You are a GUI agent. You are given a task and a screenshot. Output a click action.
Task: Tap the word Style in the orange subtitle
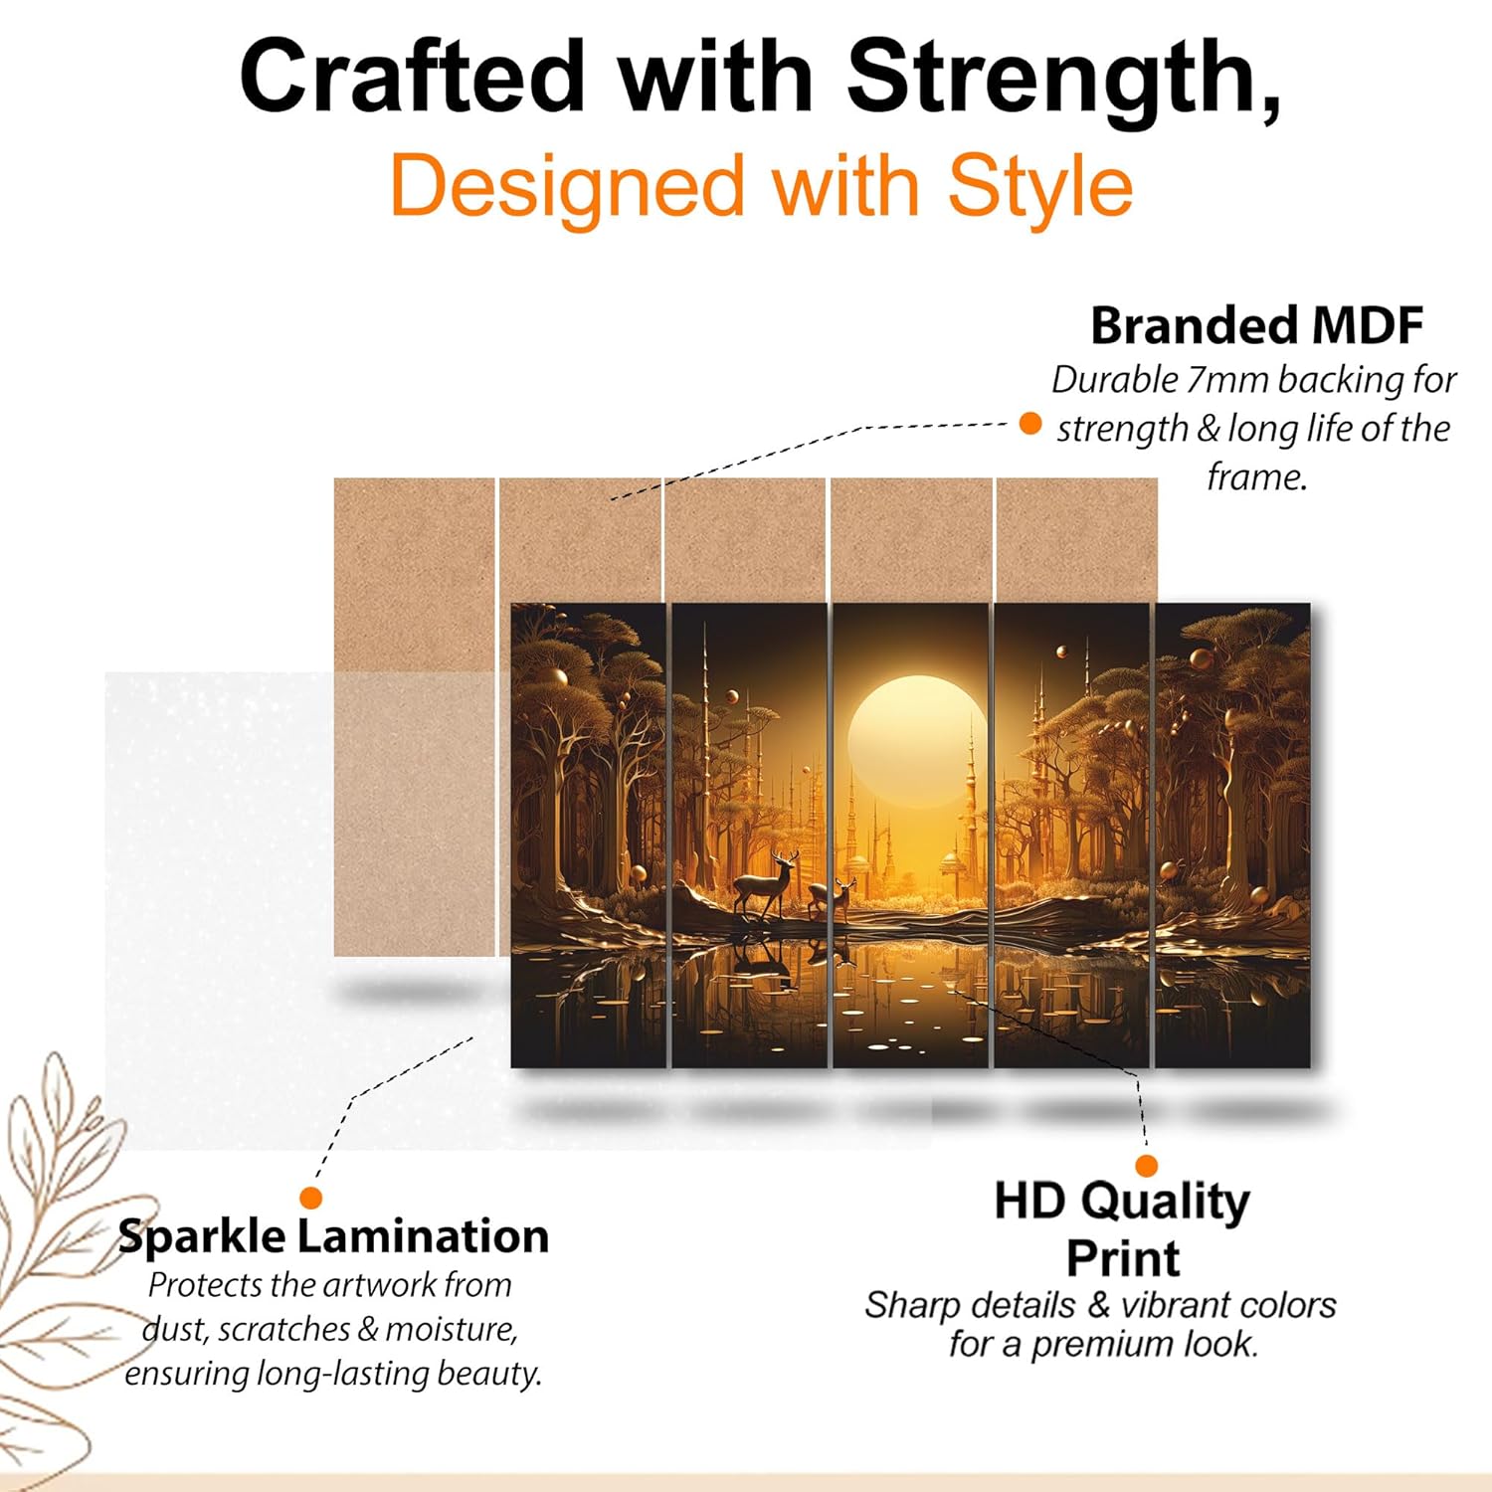(x=1039, y=188)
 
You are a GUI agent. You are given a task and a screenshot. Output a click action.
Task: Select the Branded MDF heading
(x=1257, y=325)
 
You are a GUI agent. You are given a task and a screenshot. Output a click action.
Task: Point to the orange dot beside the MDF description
(x=1030, y=424)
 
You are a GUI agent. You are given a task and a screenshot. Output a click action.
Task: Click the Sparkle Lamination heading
(x=333, y=1236)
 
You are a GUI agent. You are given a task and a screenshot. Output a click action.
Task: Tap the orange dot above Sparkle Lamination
(x=311, y=1198)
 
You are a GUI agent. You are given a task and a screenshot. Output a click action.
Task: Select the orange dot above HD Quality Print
(x=1147, y=1166)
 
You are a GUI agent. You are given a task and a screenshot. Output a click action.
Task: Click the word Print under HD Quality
(x=1123, y=1258)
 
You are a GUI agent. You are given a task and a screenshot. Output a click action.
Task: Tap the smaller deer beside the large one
(x=831, y=898)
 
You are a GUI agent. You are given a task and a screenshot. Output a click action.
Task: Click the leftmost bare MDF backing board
(x=414, y=716)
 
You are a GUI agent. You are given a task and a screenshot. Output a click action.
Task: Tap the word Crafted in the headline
(x=412, y=79)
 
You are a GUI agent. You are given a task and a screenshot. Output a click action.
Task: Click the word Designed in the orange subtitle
(x=567, y=188)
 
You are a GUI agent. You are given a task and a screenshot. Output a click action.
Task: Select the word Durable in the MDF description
(x=1115, y=379)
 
